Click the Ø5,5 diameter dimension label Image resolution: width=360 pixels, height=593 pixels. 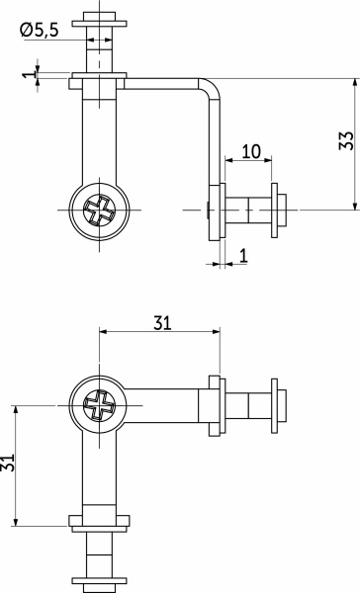(40, 31)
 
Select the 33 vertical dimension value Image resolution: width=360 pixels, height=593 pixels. (346, 140)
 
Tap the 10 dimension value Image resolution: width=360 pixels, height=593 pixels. (251, 151)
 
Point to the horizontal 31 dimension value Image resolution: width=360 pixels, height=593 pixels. (162, 323)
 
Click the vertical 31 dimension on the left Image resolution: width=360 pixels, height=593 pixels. (7, 463)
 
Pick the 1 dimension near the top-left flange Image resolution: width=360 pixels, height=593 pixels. (29, 72)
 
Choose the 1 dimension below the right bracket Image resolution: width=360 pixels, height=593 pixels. (243, 256)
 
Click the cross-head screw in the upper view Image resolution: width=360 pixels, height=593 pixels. (99, 210)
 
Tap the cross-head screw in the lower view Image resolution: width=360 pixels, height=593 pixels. (99, 405)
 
